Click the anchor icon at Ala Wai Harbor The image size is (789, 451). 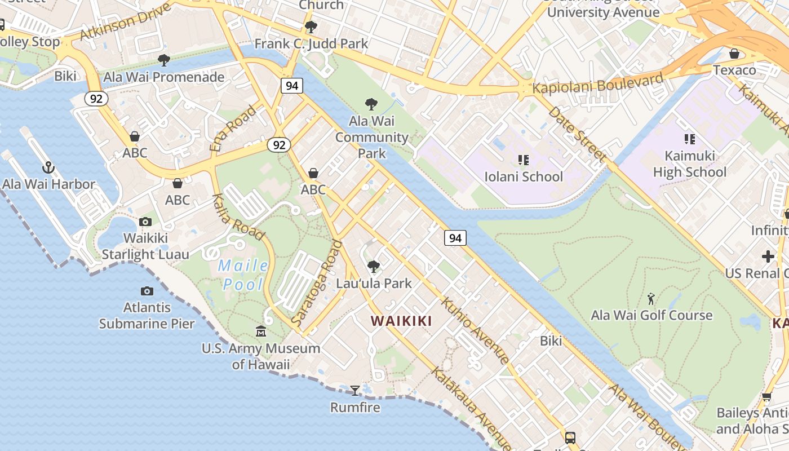[48, 167]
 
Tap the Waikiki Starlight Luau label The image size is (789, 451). [145, 246]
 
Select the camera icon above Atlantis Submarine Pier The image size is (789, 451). [147, 291]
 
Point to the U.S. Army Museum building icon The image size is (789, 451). [260, 331]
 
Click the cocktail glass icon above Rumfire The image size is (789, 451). [355, 390]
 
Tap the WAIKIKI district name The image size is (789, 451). [401, 321]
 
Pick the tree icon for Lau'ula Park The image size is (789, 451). [373, 266]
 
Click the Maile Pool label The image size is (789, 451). [243, 275]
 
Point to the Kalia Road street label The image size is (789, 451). [238, 216]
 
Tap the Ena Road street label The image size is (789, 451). [233, 128]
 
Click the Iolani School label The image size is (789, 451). [524, 176]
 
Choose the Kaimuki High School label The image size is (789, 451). [689, 163]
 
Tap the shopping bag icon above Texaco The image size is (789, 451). [734, 54]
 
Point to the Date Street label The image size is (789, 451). [577, 134]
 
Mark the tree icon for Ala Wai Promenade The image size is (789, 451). [164, 60]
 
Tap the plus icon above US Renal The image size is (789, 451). [768, 257]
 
